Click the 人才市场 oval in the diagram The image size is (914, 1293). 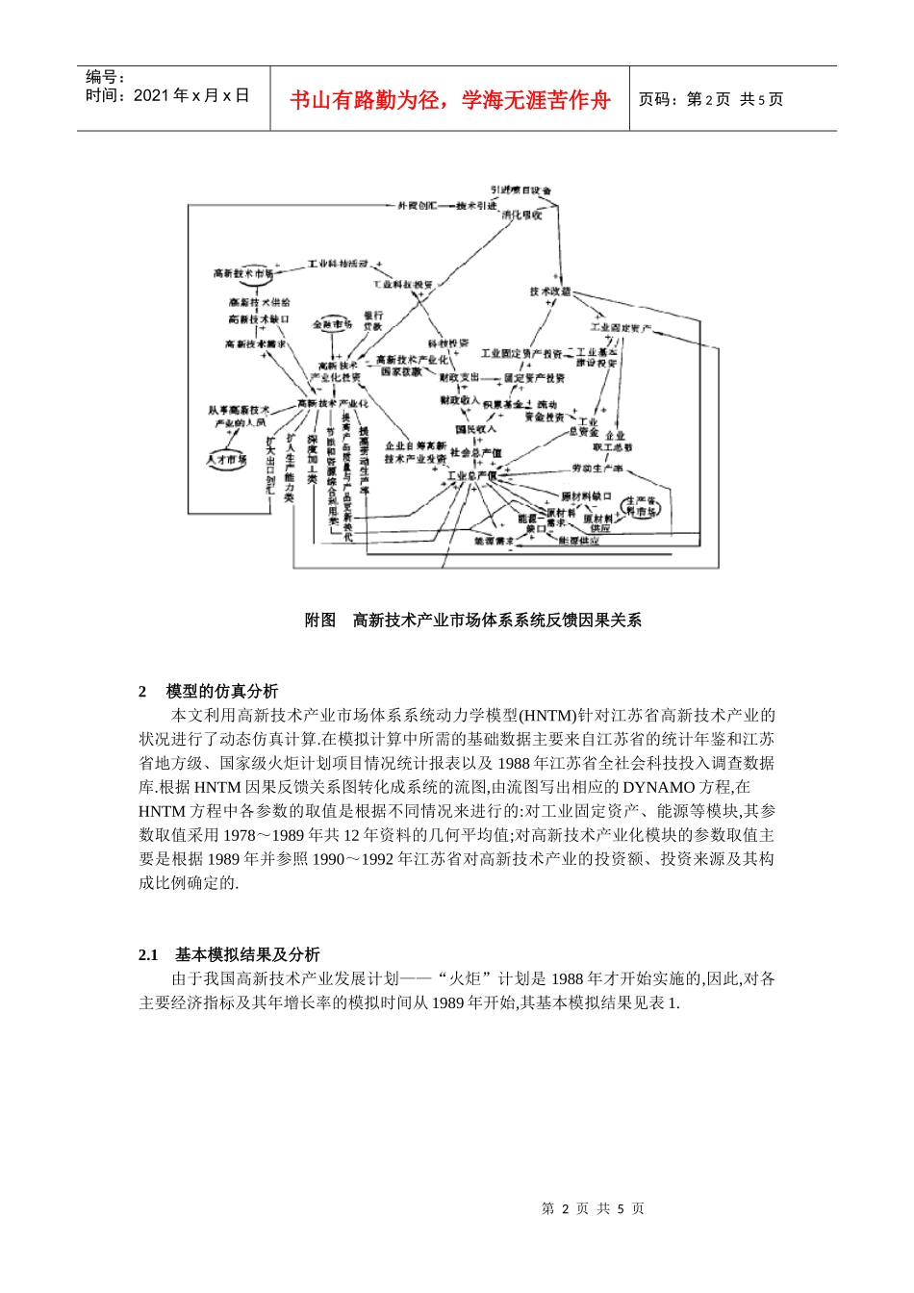227,459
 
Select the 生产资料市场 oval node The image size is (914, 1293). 642,507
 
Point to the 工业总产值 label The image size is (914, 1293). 471,475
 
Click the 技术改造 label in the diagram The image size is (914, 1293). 550,292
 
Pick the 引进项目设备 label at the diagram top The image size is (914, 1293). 520,190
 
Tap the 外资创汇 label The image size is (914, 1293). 418,206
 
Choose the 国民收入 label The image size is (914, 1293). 475,428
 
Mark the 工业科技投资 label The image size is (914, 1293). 403,285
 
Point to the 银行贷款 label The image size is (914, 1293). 373,320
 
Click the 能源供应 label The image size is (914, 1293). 578,542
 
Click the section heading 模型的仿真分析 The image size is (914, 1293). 222,691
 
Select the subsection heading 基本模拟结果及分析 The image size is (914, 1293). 247,954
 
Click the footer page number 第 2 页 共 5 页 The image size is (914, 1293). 593,1208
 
